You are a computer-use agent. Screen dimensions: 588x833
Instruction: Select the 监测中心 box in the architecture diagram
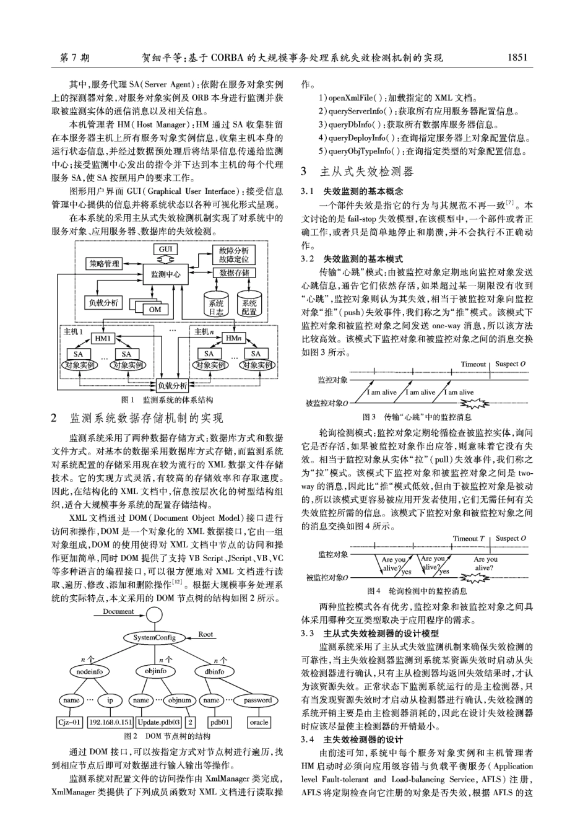(x=165, y=274)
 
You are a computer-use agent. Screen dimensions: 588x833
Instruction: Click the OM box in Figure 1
(x=155, y=309)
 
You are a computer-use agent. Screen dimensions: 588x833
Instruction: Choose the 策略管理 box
(x=103, y=264)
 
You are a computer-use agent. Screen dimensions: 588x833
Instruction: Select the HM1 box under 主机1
(x=103, y=338)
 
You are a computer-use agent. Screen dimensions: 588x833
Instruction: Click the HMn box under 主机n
(x=234, y=338)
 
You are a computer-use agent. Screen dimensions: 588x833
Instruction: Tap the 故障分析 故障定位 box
(x=234, y=255)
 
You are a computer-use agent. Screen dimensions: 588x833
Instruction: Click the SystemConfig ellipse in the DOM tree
(x=154, y=637)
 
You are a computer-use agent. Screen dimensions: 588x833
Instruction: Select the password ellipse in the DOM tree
(x=257, y=700)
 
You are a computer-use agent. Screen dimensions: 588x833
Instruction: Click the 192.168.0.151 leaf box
(x=110, y=722)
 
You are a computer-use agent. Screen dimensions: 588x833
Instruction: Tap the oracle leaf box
(x=258, y=722)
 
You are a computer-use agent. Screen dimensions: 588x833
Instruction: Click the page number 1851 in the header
(x=516, y=58)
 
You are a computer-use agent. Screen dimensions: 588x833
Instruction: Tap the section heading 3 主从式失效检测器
(x=357, y=172)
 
